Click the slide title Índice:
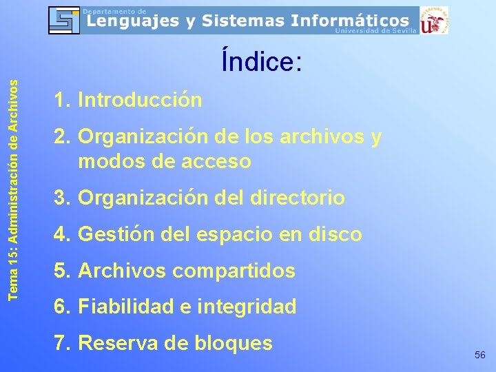click(261, 62)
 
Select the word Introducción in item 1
click(140, 101)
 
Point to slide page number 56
click(480, 354)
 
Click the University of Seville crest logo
click(434, 20)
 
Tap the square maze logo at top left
click(64, 20)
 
